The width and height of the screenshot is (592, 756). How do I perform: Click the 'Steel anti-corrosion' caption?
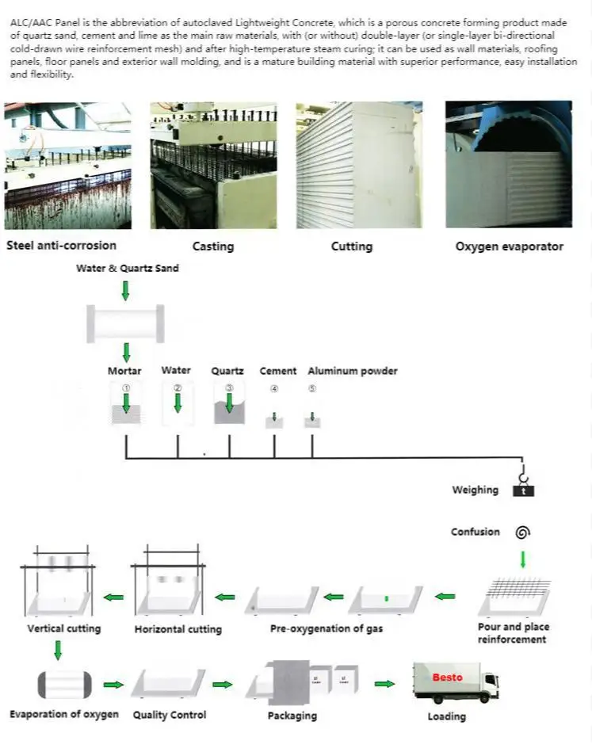click(61, 246)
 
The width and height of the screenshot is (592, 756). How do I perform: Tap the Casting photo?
click(213, 165)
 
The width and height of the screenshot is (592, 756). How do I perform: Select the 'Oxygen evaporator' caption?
click(509, 246)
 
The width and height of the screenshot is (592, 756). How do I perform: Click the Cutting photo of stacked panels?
click(359, 165)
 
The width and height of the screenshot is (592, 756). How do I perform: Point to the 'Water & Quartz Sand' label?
click(127, 268)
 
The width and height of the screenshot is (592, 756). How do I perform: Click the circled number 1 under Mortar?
click(125, 388)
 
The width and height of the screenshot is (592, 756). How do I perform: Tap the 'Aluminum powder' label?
click(352, 371)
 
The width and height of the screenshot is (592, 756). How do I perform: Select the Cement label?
click(277, 371)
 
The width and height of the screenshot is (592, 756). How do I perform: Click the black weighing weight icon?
click(523, 491)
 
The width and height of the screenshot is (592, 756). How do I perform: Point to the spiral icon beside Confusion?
click(522, 533)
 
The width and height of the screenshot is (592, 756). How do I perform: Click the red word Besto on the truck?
click(447, 678)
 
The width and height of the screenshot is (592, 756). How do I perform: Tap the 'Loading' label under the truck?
click(446, 716)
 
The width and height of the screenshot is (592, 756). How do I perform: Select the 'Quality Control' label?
click(169, 715)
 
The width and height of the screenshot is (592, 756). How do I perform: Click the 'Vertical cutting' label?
click(64, 628)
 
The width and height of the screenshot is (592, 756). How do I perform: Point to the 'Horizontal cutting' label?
click(178, 629)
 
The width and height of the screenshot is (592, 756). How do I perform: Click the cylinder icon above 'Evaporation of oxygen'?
click(64, 684)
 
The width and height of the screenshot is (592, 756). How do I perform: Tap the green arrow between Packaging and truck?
click(384, 683)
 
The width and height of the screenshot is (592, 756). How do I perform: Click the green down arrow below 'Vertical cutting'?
click(58, 651)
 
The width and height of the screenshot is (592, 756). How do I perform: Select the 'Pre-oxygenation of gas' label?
click(326, 628)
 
